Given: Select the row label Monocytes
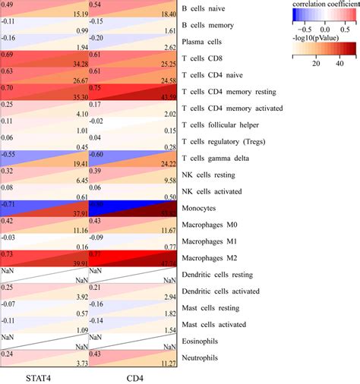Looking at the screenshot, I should (204, 207).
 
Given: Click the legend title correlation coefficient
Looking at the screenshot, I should (322, 5).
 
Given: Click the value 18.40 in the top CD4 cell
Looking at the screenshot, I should (166, 14).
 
